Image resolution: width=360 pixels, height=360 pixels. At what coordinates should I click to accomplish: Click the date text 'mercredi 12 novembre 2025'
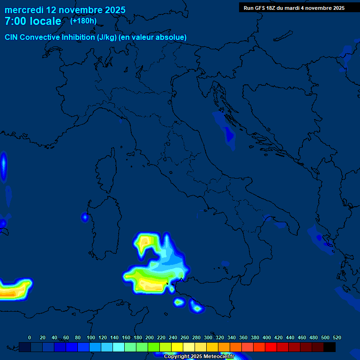tap(65, 10)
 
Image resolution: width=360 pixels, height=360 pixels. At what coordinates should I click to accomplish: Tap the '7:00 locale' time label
tap(33, 21)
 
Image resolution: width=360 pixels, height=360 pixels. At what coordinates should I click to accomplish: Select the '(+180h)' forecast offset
tap(83, 21)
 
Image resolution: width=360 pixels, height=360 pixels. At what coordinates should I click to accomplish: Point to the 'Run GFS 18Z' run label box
tap(294, 8)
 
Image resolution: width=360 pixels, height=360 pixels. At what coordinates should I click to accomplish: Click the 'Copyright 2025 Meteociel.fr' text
tap(199, 356)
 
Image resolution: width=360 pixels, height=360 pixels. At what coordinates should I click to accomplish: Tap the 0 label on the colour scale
tap(30, 337)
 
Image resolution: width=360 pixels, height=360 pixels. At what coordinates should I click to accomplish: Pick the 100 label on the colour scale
tap(90, 337)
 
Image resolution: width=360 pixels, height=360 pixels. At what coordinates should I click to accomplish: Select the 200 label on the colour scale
tap(150, 337)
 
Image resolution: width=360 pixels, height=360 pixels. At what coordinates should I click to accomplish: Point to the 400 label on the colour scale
tap(267, 337)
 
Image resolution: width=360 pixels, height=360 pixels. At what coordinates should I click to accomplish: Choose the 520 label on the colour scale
tap(337, 337)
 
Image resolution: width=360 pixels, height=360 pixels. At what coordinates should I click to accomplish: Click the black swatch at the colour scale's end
tap(330, 347)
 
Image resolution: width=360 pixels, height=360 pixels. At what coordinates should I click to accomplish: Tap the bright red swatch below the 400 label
tap(271, 347)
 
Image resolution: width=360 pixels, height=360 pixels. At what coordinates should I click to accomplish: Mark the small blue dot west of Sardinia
tap(85, 217)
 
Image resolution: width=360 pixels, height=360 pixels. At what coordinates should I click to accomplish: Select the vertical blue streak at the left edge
tap(4, 166)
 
